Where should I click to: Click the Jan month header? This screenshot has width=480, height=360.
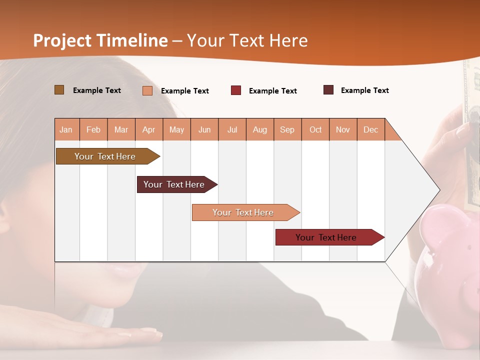[66, 129]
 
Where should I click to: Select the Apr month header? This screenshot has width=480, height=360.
[149, 129]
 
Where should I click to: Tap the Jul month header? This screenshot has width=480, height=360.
[232, 129]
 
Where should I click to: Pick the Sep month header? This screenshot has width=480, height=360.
[287, 129]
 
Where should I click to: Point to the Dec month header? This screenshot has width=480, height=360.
[370, 129]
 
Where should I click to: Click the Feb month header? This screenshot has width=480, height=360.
[93, 129]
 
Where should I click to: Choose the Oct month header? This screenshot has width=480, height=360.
[315, 129]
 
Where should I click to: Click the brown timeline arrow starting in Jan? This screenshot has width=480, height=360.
[105, 156]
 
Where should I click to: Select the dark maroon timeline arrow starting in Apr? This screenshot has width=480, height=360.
[174, 184]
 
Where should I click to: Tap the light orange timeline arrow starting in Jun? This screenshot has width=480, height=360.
[243, 212]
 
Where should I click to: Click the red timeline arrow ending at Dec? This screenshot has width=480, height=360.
[326, 237]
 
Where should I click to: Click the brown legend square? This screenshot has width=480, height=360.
[59, 90]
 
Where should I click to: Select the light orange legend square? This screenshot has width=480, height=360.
[147, 90]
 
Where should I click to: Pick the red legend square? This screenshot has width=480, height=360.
[236, 90]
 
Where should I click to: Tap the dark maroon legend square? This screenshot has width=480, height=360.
[328, 90]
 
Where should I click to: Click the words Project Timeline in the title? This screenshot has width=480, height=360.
[100, 40]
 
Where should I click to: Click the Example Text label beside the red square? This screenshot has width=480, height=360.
[273, 91]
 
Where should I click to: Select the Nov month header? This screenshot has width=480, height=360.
[343, 129]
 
